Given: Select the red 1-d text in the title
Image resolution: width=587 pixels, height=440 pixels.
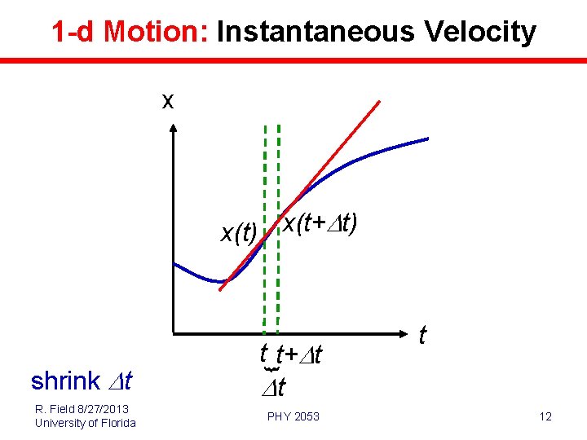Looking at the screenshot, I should tap(74, 32).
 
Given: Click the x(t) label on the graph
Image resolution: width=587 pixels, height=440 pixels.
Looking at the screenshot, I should tap(239, 234).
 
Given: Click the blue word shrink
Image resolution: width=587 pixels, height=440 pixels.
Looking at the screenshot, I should tap(65, 381).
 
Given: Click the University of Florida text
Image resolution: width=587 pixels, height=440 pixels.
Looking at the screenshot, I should tap(85, 422).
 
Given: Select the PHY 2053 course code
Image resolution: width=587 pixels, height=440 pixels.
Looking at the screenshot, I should tap(293, 417).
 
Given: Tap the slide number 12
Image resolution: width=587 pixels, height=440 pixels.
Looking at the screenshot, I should tap(545, 417).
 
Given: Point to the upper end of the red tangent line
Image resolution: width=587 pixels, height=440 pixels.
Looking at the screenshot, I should tap(379, 101).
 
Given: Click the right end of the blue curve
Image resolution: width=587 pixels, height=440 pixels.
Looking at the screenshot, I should tap(427, 139).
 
